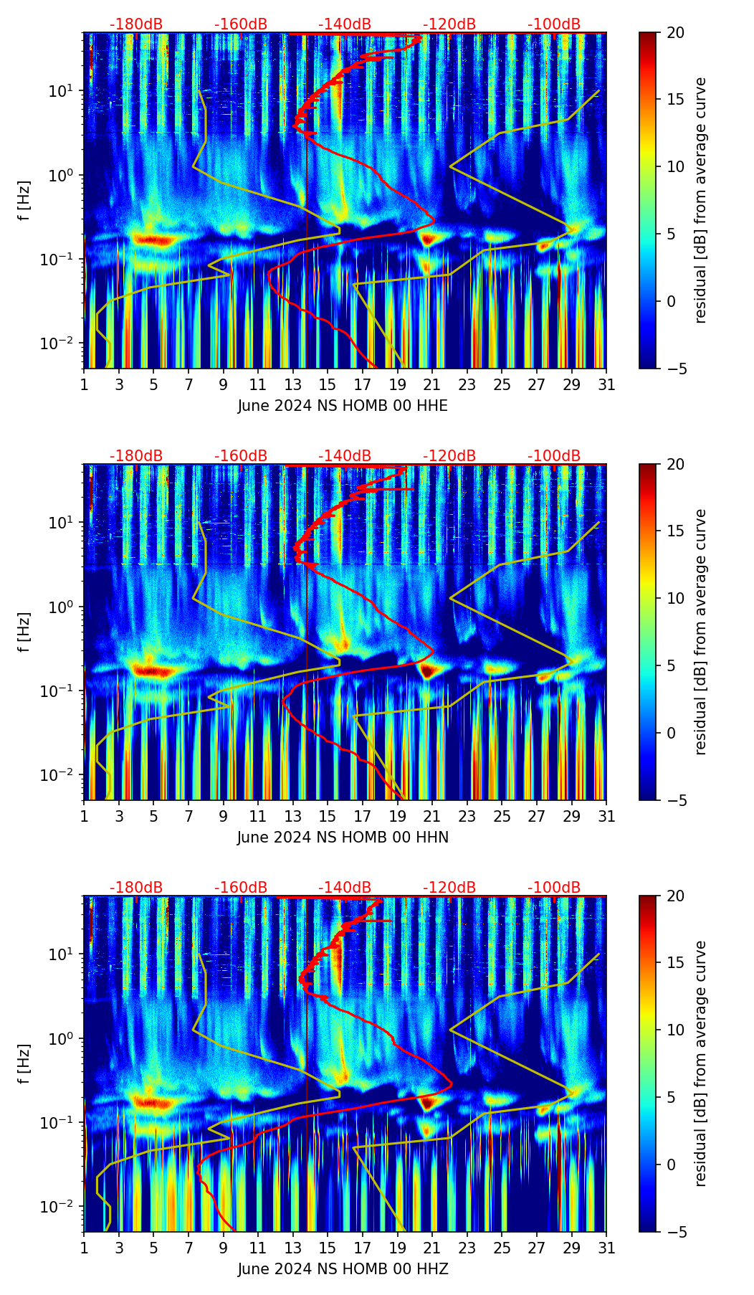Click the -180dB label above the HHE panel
click(136, 24)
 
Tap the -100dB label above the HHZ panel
click(554, 888)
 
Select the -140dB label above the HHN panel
click(345, 456)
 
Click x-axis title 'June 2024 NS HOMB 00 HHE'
click(343, 406)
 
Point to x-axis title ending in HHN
click(343, 838)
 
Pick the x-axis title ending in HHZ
click(343, 1269)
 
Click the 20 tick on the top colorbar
click(674, 33)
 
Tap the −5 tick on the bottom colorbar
click(674, 1232)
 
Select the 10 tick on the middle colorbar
click(674, 598)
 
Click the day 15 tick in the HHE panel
click(328, 384)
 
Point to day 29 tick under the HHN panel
click(572, 816)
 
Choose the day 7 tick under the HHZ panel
click(188, 1248)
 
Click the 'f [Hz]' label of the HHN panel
click(24, 632)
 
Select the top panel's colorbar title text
click(701, 200)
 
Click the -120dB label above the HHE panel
click(449, 24)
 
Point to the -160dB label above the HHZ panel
click(241, 888)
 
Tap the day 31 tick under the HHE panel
click(606, 384)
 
